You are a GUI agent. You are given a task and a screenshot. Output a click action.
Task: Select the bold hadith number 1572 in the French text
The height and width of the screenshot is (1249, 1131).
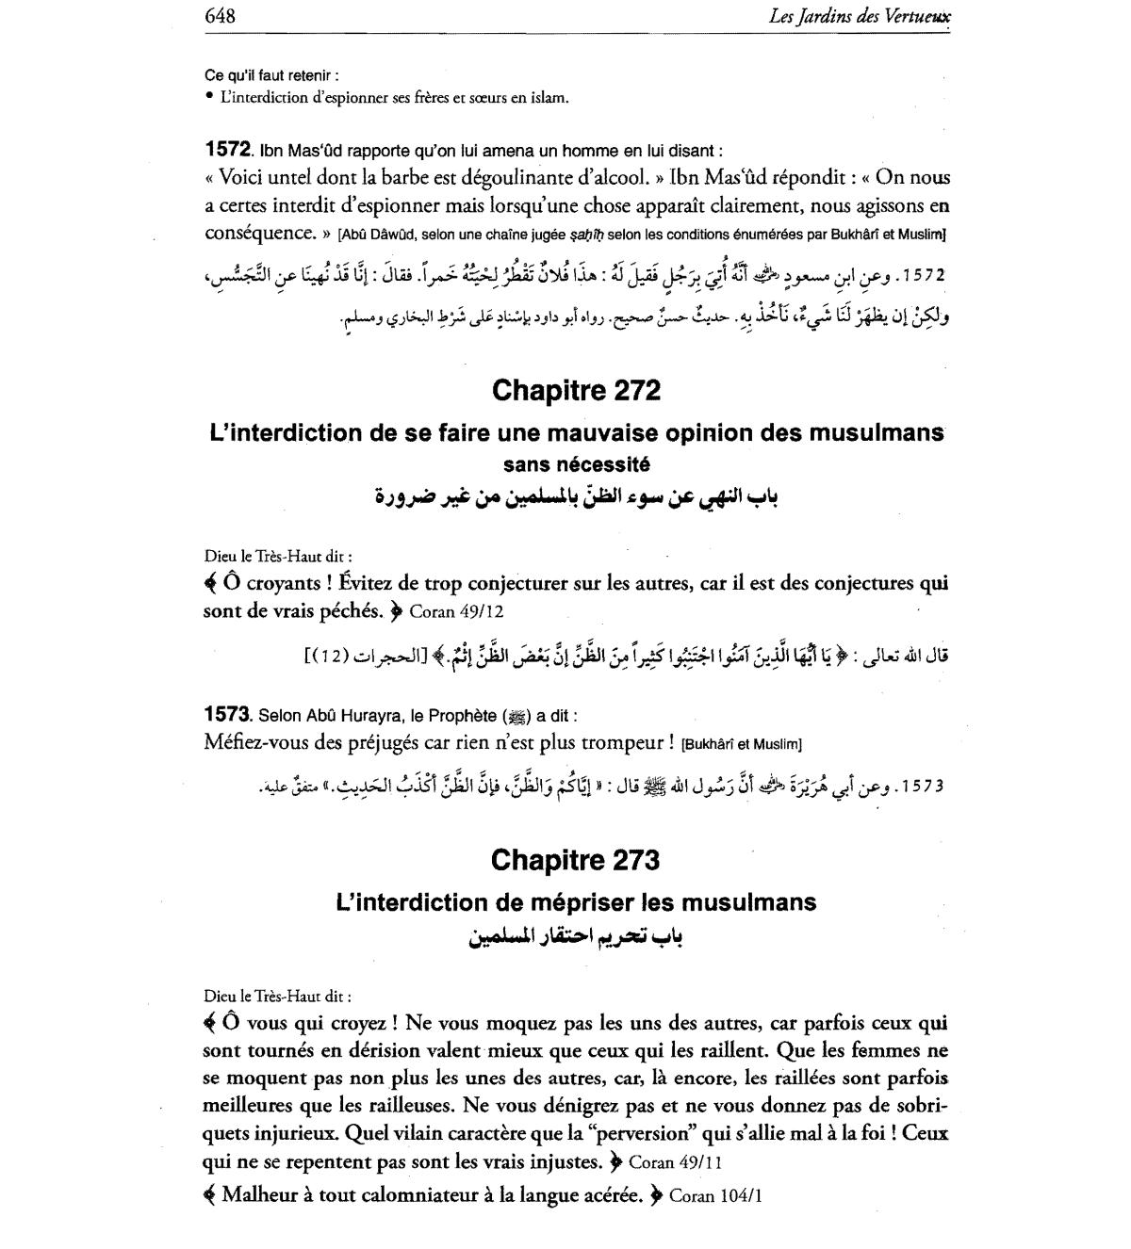[227, 150]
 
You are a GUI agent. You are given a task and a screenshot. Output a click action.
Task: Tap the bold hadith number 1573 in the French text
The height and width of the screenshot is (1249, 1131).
[227, 715]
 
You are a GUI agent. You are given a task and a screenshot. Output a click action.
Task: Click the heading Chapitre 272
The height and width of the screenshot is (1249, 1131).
[576, 390]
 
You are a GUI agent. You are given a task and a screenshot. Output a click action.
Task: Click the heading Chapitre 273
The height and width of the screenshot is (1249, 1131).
[576, 860]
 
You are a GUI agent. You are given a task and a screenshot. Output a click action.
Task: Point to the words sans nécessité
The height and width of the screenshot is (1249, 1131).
[576, 464]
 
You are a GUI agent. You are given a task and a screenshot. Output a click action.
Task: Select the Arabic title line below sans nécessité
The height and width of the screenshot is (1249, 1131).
[576, 497]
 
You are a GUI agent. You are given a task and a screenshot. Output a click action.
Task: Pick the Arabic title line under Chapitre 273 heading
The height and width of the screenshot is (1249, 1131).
[576, 937]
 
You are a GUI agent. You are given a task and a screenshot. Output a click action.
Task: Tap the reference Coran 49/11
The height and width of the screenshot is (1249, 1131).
[676, 1162]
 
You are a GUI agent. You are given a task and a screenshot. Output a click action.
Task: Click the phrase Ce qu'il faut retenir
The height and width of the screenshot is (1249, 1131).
[270, 75]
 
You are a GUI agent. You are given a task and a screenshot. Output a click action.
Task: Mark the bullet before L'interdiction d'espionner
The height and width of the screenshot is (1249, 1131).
[208, 97]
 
